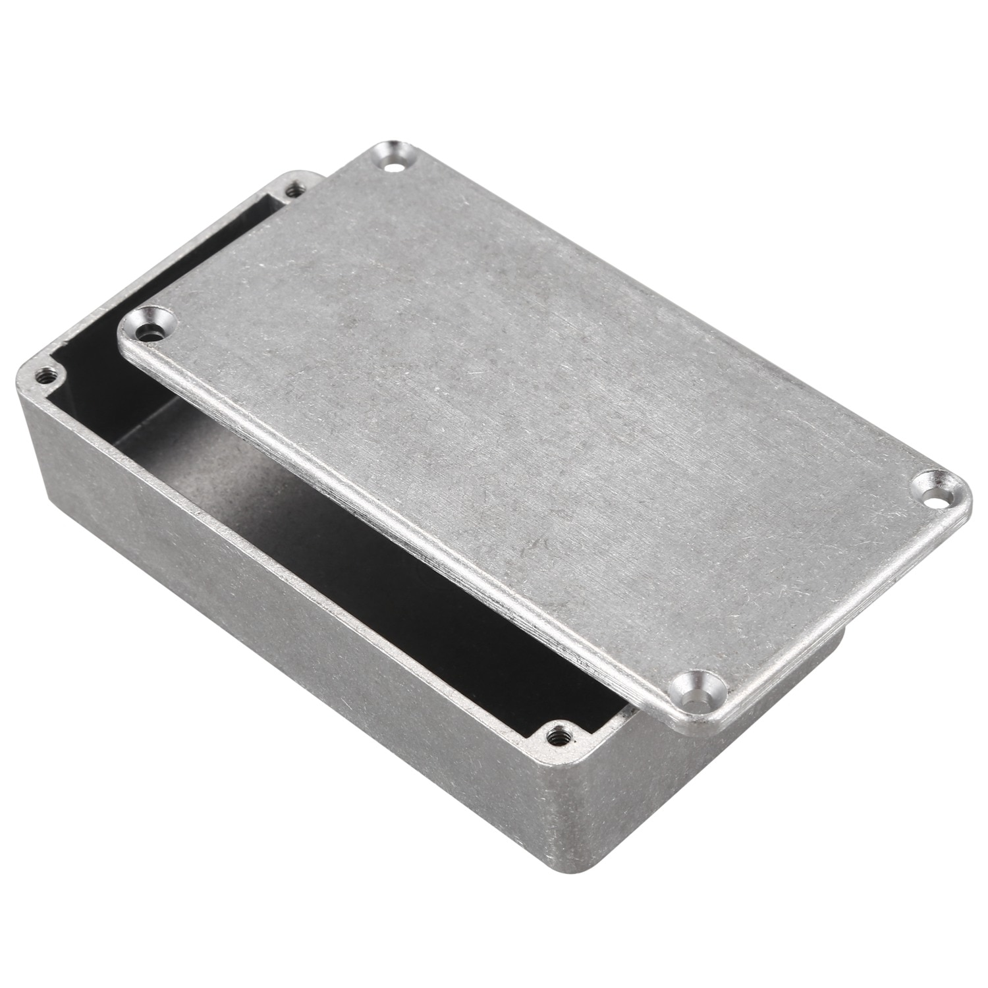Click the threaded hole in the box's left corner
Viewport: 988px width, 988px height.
45,376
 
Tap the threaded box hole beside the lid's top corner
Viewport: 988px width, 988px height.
294,191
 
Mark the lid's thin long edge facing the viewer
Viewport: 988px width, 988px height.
395,527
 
